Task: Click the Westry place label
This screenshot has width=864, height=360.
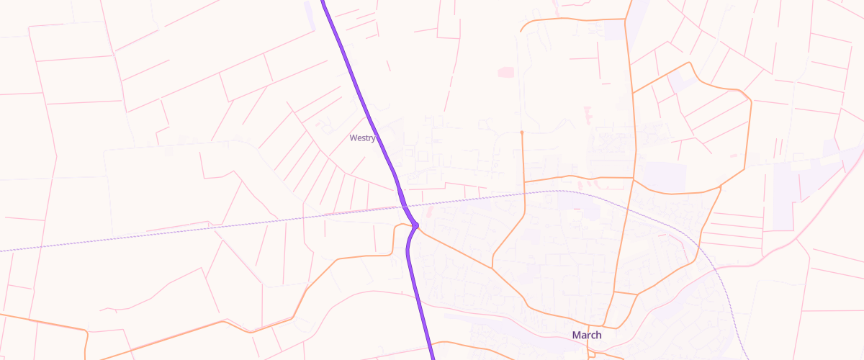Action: coord(362,138)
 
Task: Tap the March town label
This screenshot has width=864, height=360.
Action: coord(586,335)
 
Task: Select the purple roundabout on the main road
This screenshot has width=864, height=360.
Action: coord(415,226)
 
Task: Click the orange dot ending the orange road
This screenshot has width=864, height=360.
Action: coord(521,132)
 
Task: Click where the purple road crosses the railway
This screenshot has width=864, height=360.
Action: coord(405,207)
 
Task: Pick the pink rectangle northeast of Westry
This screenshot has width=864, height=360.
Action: coord(506,72)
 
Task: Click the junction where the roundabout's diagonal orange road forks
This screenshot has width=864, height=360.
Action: coord(493,268)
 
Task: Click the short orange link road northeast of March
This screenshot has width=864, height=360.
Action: coord(626,294)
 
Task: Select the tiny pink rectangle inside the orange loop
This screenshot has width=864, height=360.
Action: coord(733,156)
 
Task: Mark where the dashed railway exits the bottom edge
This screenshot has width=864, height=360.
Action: coord(746,358)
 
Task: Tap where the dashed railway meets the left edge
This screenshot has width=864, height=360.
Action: coord(2,251)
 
